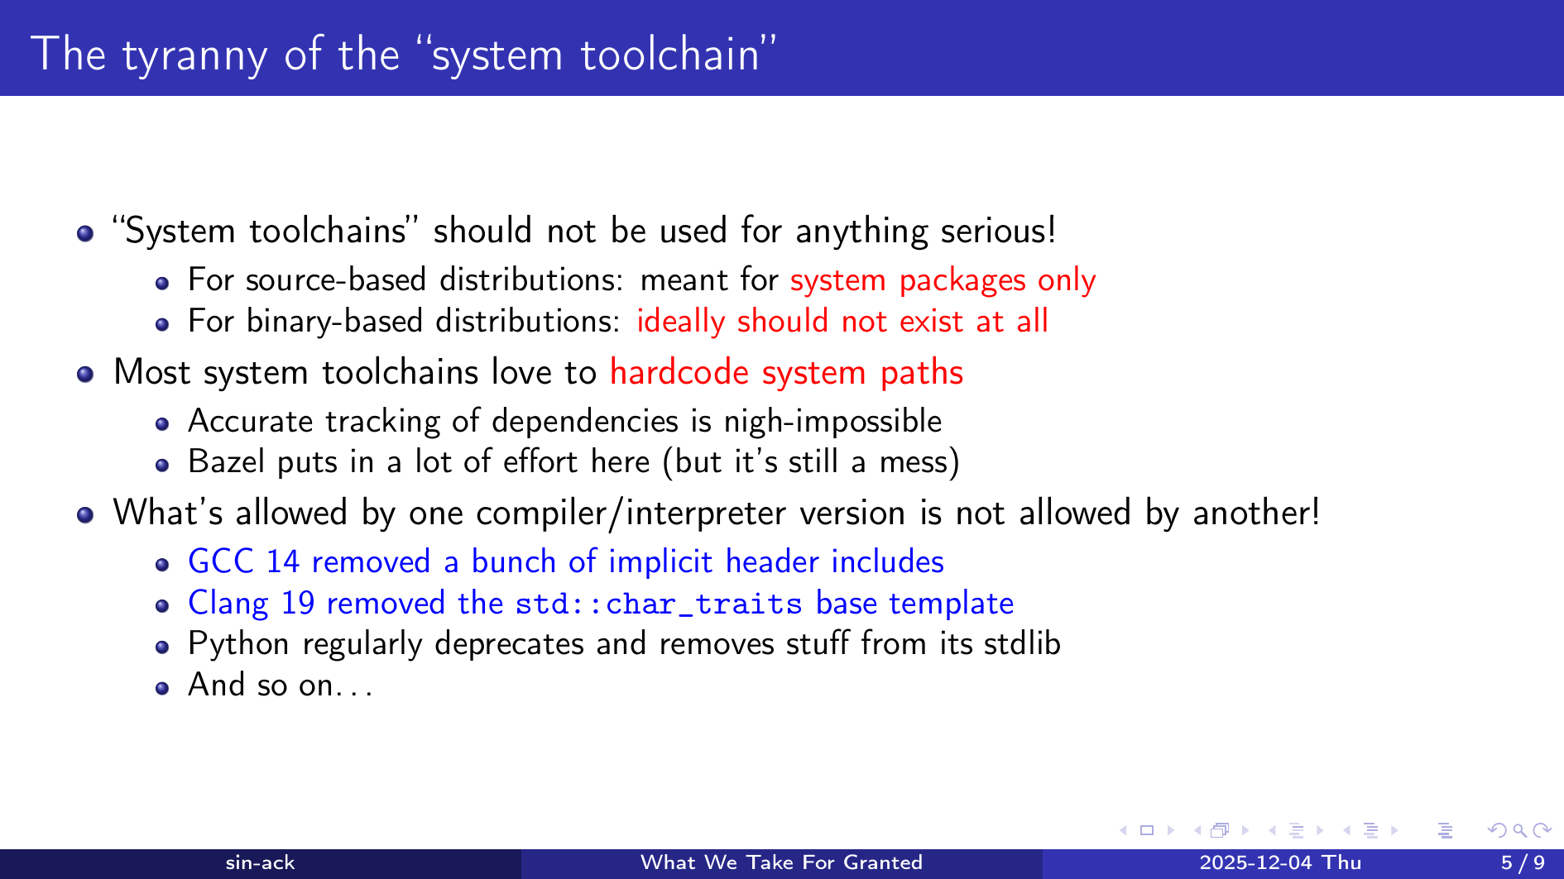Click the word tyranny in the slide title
pos(194,56)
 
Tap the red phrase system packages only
pos(943,280)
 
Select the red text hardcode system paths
pos(786,372)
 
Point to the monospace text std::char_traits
pos(659,604)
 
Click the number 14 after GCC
pos(282,561)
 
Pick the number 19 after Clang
pos(298,603)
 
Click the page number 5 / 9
pos(1523,863)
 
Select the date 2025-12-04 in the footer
pos(1255,863)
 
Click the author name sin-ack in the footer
pos(260,863)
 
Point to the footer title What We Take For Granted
pos(781,863)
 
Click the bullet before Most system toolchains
pos(84,374)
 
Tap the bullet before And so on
pos(162,688)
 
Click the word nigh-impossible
pos(832,422)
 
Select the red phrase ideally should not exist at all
pos(842,321)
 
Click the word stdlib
pos(1022,643)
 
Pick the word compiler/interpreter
pos(631,514)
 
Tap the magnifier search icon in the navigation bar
pos(1519,830)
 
